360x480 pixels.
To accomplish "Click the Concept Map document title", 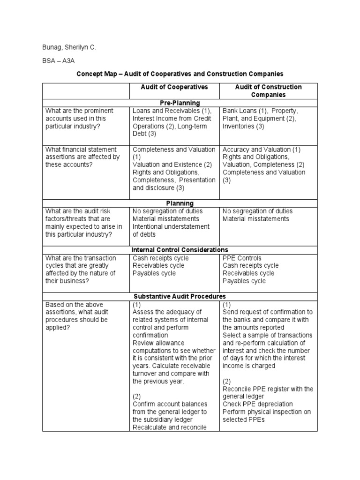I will pos(180,74).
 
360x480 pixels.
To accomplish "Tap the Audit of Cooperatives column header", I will pos(174,87).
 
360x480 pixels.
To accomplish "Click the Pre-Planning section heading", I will pos(180,103).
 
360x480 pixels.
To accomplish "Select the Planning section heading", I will pos(180,203).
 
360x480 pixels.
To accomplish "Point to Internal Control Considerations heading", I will pos(180,250).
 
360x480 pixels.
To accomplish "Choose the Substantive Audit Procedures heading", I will pos(180,296).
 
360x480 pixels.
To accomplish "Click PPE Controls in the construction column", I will pos(242,258).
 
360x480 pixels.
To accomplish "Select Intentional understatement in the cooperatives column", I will pos(171,226).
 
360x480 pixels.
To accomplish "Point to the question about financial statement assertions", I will pos(82,157).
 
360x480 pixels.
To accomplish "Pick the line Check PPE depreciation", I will pos(258,404).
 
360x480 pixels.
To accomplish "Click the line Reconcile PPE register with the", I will pos(268,389).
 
